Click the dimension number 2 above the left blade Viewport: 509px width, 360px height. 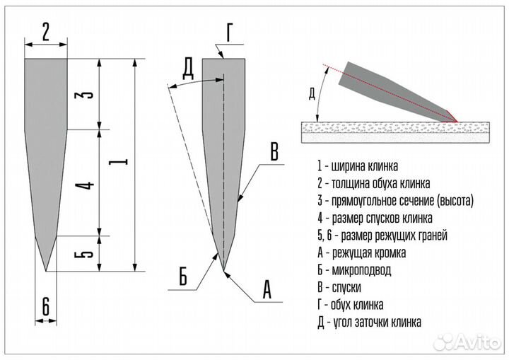point(45,32)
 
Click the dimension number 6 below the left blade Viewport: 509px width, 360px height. point(46,306)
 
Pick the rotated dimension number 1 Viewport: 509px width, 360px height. point(118,161)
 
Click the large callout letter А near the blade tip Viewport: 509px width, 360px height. point(267,289)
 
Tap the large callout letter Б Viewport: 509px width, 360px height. point(183,277)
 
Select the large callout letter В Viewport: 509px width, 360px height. point(274,151)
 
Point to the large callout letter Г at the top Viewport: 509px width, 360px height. point(230,33)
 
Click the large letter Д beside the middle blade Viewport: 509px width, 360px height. point(188,70)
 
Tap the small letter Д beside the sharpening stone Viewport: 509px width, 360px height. point(312,94)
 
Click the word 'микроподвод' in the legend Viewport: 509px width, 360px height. point(362,270)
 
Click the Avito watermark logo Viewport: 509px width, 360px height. point(467,342)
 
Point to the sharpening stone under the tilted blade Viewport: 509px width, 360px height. point(395,132)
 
